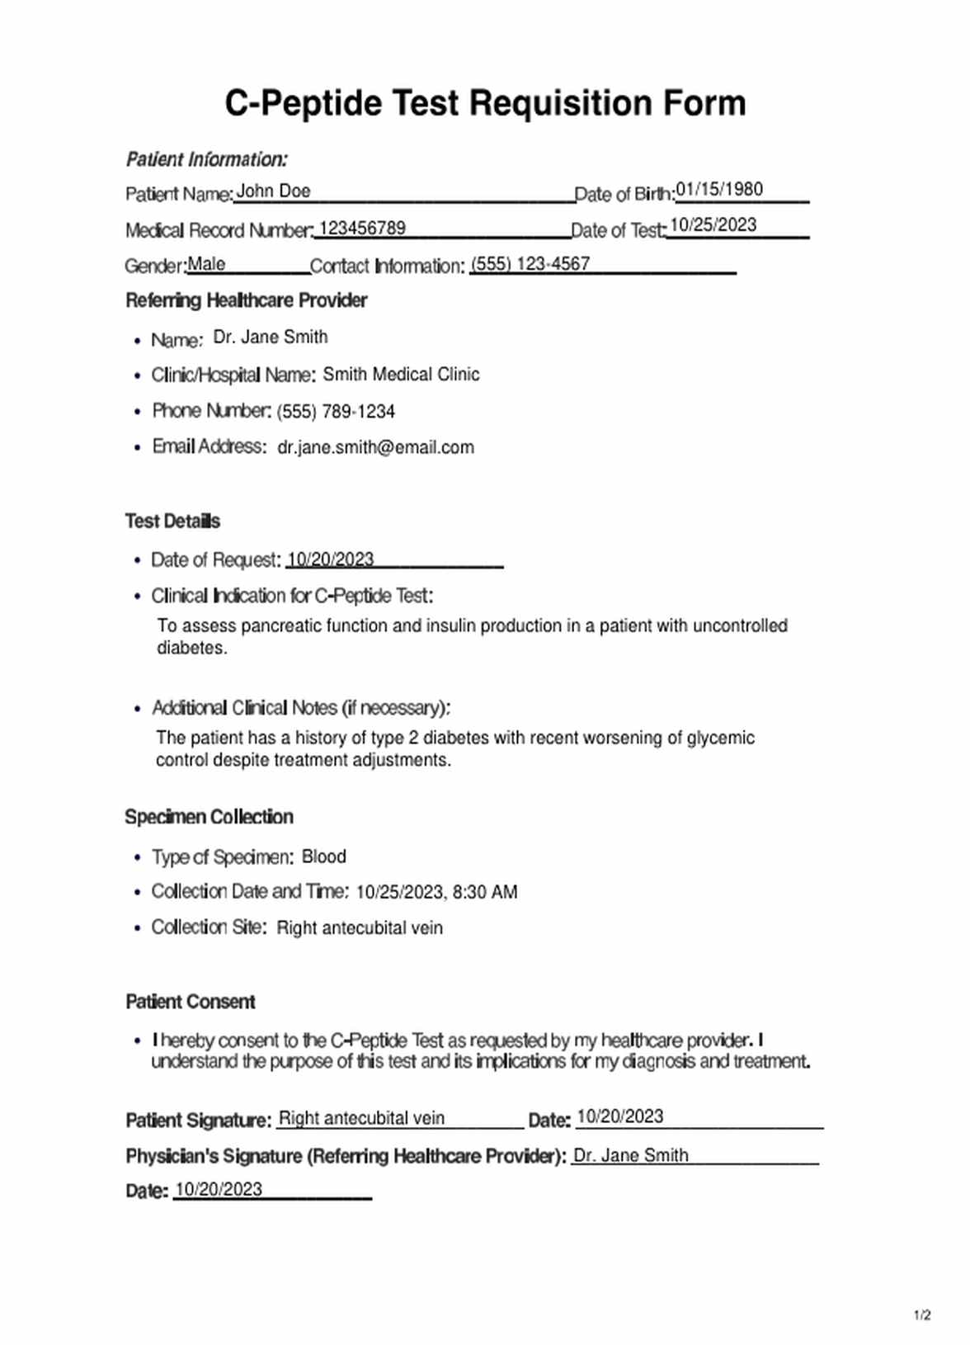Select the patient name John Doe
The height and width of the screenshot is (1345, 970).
[273, 191]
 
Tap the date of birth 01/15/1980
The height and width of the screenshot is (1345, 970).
[719, 190]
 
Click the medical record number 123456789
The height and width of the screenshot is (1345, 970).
[362, 229]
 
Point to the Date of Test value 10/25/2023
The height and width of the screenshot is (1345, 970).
[713, 225]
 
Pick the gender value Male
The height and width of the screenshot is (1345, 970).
[206, 264]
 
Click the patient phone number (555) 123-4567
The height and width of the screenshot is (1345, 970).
[530, 264]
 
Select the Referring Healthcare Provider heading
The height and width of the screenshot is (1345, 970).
[246, 300]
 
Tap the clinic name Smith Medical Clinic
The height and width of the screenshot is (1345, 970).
[401, 375]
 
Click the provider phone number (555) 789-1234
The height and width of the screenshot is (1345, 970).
[336, 411]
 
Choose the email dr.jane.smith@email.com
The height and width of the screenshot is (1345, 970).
[375, 447]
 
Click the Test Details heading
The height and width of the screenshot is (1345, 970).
[172, 521]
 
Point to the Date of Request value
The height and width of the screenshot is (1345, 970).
[330, 559]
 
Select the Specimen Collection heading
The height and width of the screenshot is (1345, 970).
[209, 817]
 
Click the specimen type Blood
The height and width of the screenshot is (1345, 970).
[323, 857]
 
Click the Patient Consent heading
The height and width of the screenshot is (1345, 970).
[190, 1002]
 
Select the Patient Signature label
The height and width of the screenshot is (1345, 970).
[198, 1121]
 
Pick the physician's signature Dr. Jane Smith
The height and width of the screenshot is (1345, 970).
[630, 1156]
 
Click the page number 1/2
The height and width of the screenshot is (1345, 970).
[922, 1315]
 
